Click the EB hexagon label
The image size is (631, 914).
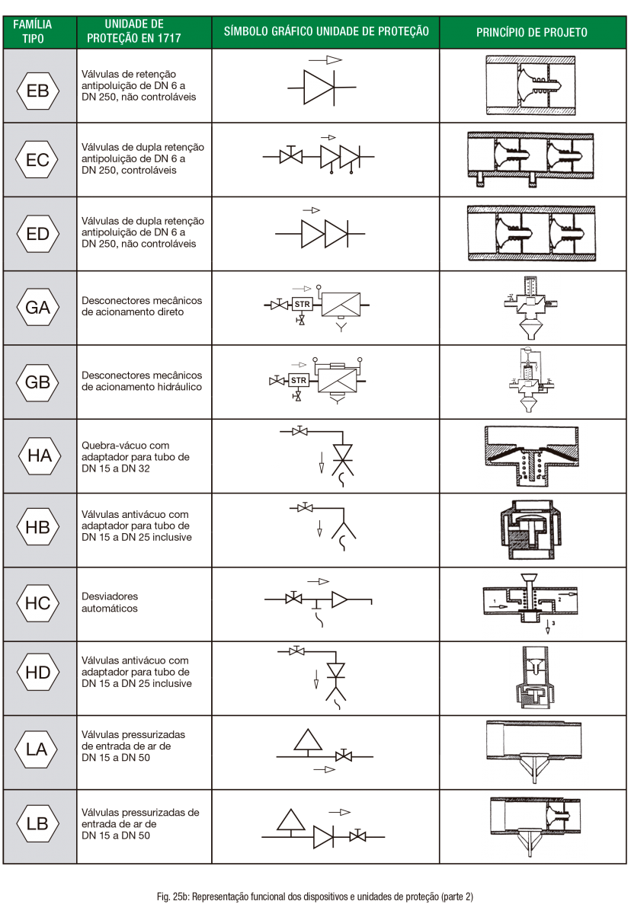[x=38, y=91]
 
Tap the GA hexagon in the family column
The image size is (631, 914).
[x=38, y=307]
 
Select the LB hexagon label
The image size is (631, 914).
[x=38, y=823]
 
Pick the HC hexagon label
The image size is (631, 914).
[x=38, y=602]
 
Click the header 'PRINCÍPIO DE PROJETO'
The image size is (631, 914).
[x=532, y=32]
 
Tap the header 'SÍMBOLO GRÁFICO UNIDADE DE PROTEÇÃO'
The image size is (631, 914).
[x=326, y=31]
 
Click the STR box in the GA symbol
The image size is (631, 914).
[x=303, y=304]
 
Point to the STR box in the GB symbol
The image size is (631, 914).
[x=299, y=380]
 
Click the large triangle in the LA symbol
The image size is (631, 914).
[x=308, y=740]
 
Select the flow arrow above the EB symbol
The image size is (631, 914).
[x=325, y=60]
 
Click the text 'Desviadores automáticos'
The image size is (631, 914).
[x=110, y=602]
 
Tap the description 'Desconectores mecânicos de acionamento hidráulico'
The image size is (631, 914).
[x=142, y=381]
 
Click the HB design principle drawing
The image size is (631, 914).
[x=530, y=529]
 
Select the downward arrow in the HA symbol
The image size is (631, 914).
[x=321, y=463]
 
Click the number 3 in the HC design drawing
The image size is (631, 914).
[x=553, y=623]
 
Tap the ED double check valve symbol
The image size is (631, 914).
[x=320, y=234]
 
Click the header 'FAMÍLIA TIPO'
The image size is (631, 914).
[x=33, y=31]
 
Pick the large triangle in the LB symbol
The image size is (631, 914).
[x=290, y=820]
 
